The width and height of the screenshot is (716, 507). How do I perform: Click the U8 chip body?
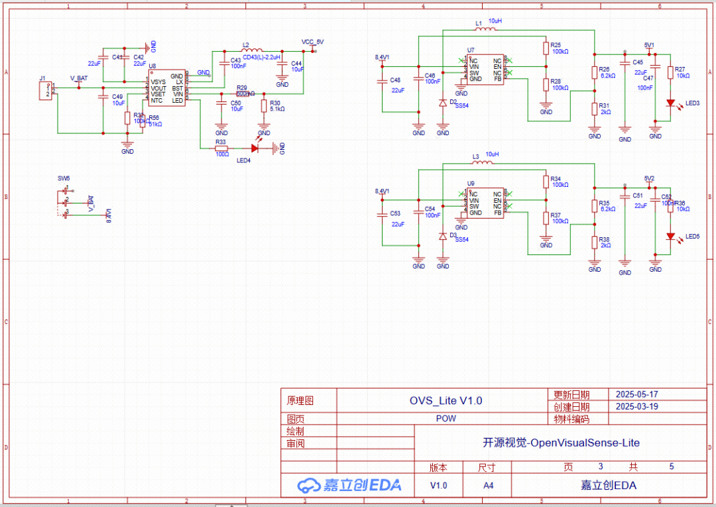tap(166, 87)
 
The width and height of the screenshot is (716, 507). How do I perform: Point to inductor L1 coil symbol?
tap(487, 29)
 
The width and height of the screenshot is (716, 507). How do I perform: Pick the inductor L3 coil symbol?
tap(487, 163)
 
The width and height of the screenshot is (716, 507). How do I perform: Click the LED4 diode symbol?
tap(254, 148)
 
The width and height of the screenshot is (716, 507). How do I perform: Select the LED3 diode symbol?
tap(671, 103)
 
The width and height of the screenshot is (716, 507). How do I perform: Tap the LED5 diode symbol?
tap(671, 237)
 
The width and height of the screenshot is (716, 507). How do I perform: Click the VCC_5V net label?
tap(312, 42)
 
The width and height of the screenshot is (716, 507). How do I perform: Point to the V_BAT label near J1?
tap(79, 78)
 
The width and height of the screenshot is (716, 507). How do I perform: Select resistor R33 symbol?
tap(221, 148)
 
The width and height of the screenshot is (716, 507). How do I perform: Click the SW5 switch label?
tap(64, 179)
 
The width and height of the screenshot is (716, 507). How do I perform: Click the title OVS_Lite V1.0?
tap(446, 400)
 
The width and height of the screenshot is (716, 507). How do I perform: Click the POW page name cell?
tap(446, 419)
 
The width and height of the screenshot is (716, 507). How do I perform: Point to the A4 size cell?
tap(488, 485)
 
